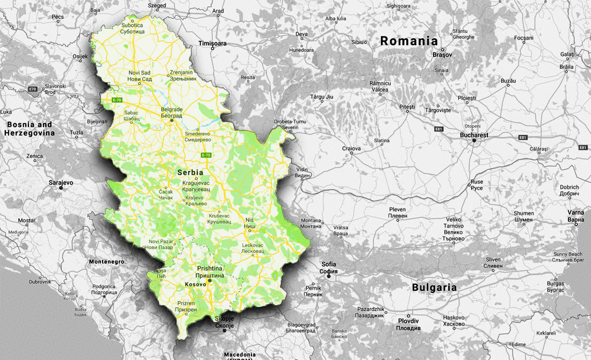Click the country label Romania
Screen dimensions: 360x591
point(409,41)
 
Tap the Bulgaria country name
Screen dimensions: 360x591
point(434,287)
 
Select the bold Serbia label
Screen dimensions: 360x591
point(190,173)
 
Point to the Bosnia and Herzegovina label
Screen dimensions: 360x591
point(30,128)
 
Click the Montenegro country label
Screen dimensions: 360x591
point(106,262)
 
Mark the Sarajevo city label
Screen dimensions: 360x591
point(61,183)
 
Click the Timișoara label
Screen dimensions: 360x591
point(212,43)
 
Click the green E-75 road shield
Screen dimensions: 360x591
point(206,155)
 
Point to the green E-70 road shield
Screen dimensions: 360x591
point(118,100)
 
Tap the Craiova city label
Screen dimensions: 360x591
point(352,148)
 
